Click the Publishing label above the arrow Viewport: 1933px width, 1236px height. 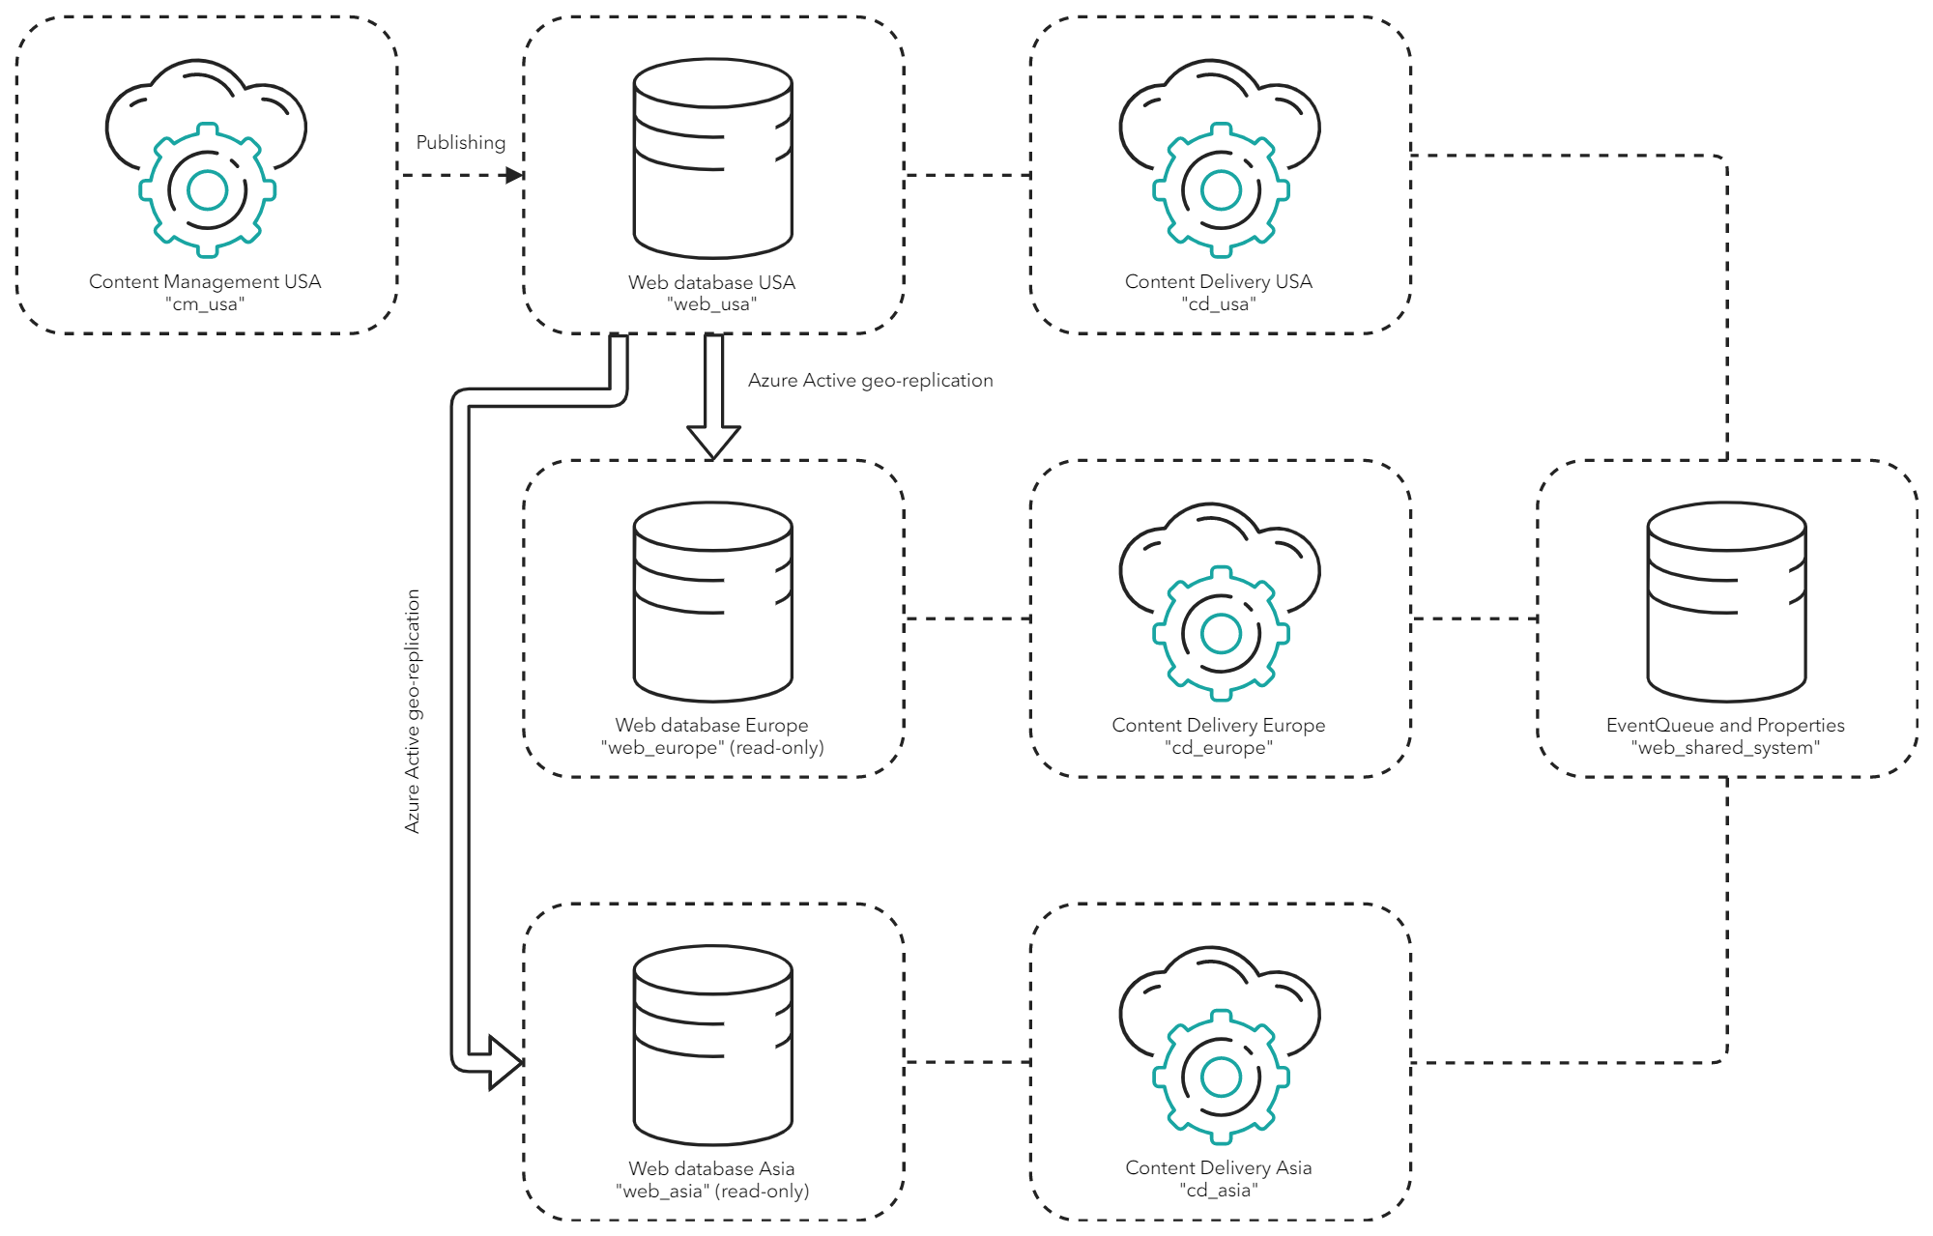[460, 142]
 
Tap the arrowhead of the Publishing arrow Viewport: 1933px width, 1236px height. [514, 175]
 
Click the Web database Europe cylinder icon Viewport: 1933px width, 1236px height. [713, 601]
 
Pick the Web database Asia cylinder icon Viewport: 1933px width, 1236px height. [713, 1045]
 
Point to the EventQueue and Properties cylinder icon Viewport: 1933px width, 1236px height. [1726, 601]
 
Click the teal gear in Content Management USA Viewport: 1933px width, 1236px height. [207, 190]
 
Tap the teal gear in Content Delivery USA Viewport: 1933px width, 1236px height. [1221, 190]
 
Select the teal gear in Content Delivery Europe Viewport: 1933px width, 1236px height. [1221, 633]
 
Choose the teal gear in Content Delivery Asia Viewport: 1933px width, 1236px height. [1221, 1077]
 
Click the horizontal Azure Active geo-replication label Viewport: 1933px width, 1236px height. [870, 380]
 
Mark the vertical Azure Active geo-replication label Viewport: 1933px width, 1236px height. [413, 711]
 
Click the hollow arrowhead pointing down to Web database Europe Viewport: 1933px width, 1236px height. [713, 442]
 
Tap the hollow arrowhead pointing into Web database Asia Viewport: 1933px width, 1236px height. [505, 1062]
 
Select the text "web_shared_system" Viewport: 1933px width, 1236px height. [1725, 748]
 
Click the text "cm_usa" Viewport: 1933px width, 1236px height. [205, 304]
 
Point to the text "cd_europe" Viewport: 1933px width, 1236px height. [1219, 748]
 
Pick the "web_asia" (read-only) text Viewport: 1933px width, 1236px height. [712, 1191]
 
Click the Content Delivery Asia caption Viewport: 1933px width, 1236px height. [1219, 1167]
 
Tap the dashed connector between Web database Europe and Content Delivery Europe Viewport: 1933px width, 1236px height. [967, 618]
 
